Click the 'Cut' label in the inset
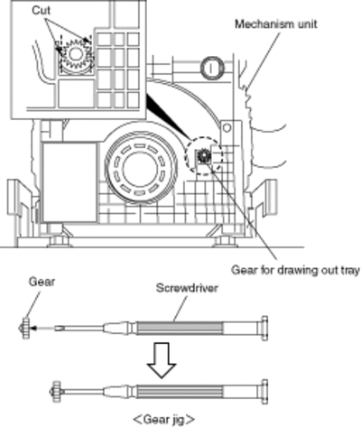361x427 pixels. [x=42, y=11]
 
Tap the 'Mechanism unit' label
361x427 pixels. [x=276, y=24]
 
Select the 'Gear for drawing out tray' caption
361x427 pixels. [x=295, y=271]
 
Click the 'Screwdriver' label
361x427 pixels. [x=187, y=288]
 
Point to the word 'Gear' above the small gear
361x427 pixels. [x=42, y=282]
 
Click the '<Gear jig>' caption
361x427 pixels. [x=164, y=419]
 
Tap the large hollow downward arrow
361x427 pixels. [x=162, y=360]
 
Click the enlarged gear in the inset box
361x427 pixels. [x=75, y=54]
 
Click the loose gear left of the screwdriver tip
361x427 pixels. [x=25, y=328]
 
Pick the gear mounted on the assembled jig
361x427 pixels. [x=56, y=392]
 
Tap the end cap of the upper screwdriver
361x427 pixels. [x=264, y=328]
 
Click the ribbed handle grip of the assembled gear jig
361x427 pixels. [x=180, y=392]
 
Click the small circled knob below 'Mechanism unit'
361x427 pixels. [x=212, y=68]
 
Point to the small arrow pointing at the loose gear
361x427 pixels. [x=43, y=328]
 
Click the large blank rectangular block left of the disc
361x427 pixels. [x=69, y=182]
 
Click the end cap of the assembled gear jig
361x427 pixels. [x=264, y=392]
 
